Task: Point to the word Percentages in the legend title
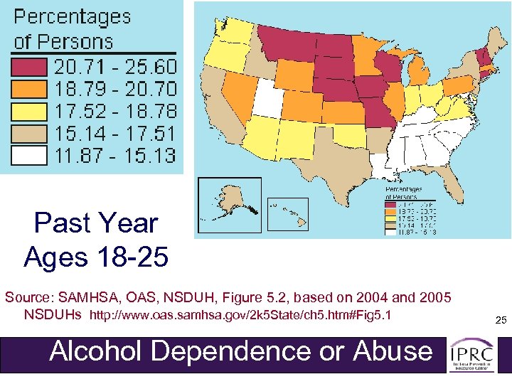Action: pyautogui.click(x=73, y=17)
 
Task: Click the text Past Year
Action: pyautogui.click(x=95, y=223)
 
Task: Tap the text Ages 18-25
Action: pyautogui.click(x=95, y=256)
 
